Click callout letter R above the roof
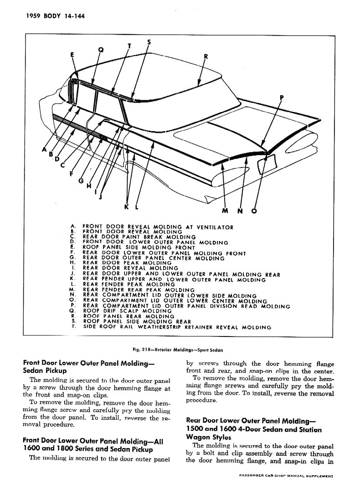pyautogui.click(x=206, y=57)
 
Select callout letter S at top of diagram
pyautogui.click(x=149, y=43)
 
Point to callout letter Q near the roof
pyautogui.click(x=101, y=50)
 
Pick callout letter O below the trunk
pyautogui.click(x=254, y=211)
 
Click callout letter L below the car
pyautogui.click(x=137, y=207)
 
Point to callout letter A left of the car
pyautogui.click(x=44, y=148)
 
